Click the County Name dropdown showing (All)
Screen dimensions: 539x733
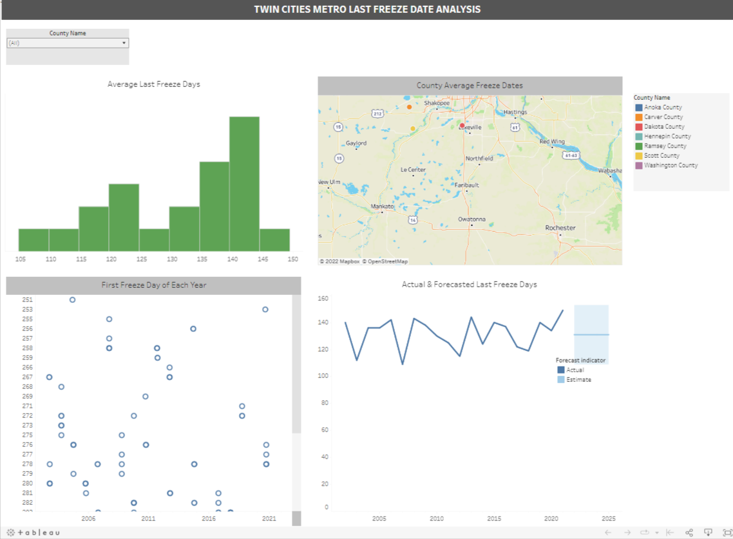pos(68,43)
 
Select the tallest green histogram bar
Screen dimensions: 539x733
pos(244,184)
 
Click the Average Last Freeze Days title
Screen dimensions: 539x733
pos(153,84)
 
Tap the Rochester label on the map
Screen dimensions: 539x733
pos(560,228)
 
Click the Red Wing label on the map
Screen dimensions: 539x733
pos(552,141)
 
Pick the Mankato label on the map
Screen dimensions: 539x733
pos(382,206)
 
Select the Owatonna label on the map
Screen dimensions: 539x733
pos(471,219)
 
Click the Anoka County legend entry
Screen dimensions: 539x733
pos(663,108)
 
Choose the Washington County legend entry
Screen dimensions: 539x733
pos(671,165)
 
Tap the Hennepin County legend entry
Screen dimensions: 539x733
pos(667,137)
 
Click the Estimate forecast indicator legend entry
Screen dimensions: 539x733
pos(578,380)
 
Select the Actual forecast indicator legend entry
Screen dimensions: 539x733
pos(575,370)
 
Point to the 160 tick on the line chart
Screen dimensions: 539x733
pos(323,299)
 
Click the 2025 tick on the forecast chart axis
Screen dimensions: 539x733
pos(608,518)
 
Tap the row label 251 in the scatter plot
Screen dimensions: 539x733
pos(28,300)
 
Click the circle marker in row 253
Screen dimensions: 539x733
pos(265,310)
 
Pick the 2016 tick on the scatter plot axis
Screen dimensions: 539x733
pos(209,518)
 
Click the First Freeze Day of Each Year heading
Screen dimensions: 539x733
pos(153,285)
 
